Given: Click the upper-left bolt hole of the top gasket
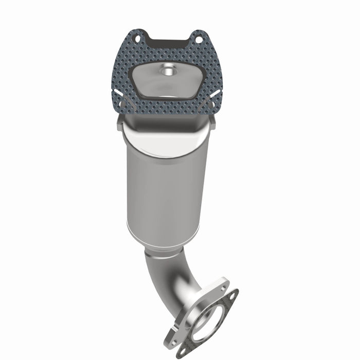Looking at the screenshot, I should pyautogui.click(x=137, y=38).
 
